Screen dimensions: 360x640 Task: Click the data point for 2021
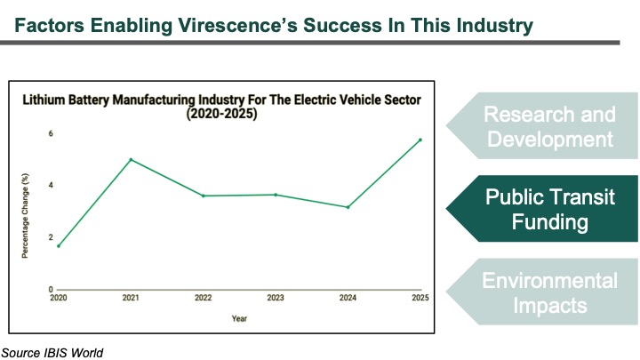131,160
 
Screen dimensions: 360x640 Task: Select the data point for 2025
420,140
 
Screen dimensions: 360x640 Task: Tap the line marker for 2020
59,245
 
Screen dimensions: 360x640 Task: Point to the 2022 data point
204,196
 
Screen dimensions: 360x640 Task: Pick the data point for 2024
348,207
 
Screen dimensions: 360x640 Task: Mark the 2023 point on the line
276,195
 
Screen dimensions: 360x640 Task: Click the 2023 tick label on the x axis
276,299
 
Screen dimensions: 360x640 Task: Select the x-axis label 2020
59,299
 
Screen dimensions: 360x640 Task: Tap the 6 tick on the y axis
51,133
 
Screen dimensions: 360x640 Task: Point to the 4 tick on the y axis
51,185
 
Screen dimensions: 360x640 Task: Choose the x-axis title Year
239,317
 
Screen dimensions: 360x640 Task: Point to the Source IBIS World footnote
52,353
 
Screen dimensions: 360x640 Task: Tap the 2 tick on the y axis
51,237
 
